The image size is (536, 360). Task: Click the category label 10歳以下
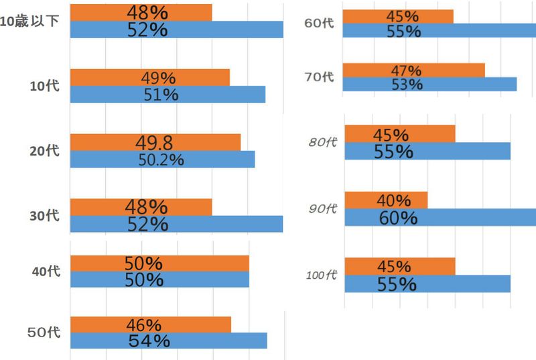(29, 21)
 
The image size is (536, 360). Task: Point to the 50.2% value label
(161, 160)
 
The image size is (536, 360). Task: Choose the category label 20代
(44, 151)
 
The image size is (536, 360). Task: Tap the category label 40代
(46, 271)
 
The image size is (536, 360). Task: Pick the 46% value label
(142, 325)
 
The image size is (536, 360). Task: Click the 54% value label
(149, 341)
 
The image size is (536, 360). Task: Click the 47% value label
(405, 70)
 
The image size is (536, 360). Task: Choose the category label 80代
(320, 142)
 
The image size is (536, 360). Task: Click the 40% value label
(394, 200)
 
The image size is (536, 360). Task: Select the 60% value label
(397, 218)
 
